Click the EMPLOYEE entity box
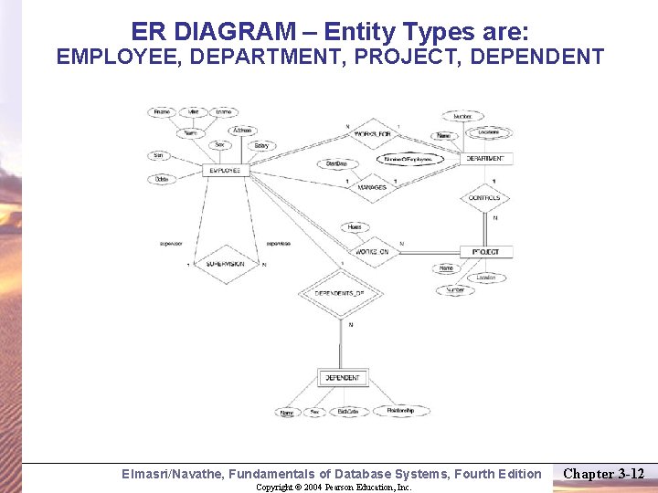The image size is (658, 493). (x=225, y=170)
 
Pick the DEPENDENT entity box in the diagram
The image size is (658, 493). (x=343, y=377)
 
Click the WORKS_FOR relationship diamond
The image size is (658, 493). (x=372, y=135)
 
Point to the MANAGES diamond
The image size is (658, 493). (x=371, y=187)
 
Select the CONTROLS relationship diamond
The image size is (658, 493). (x=484, y=197)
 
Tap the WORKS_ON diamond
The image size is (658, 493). (x=372, y=251)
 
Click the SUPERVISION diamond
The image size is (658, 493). (x=225, y=264)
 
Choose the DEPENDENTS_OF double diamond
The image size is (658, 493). (x=339, y=293)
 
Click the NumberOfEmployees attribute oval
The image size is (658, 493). (x=409, y=159)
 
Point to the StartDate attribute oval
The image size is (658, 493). (x=336, y=163)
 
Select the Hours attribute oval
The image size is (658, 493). (x=355, y=227)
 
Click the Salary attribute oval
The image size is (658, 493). (x=261, y=145)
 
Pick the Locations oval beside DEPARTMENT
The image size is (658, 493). (x=489, y=132)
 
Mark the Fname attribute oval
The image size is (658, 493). (x=162, y=112)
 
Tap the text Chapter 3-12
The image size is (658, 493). (x=603, y=473)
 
